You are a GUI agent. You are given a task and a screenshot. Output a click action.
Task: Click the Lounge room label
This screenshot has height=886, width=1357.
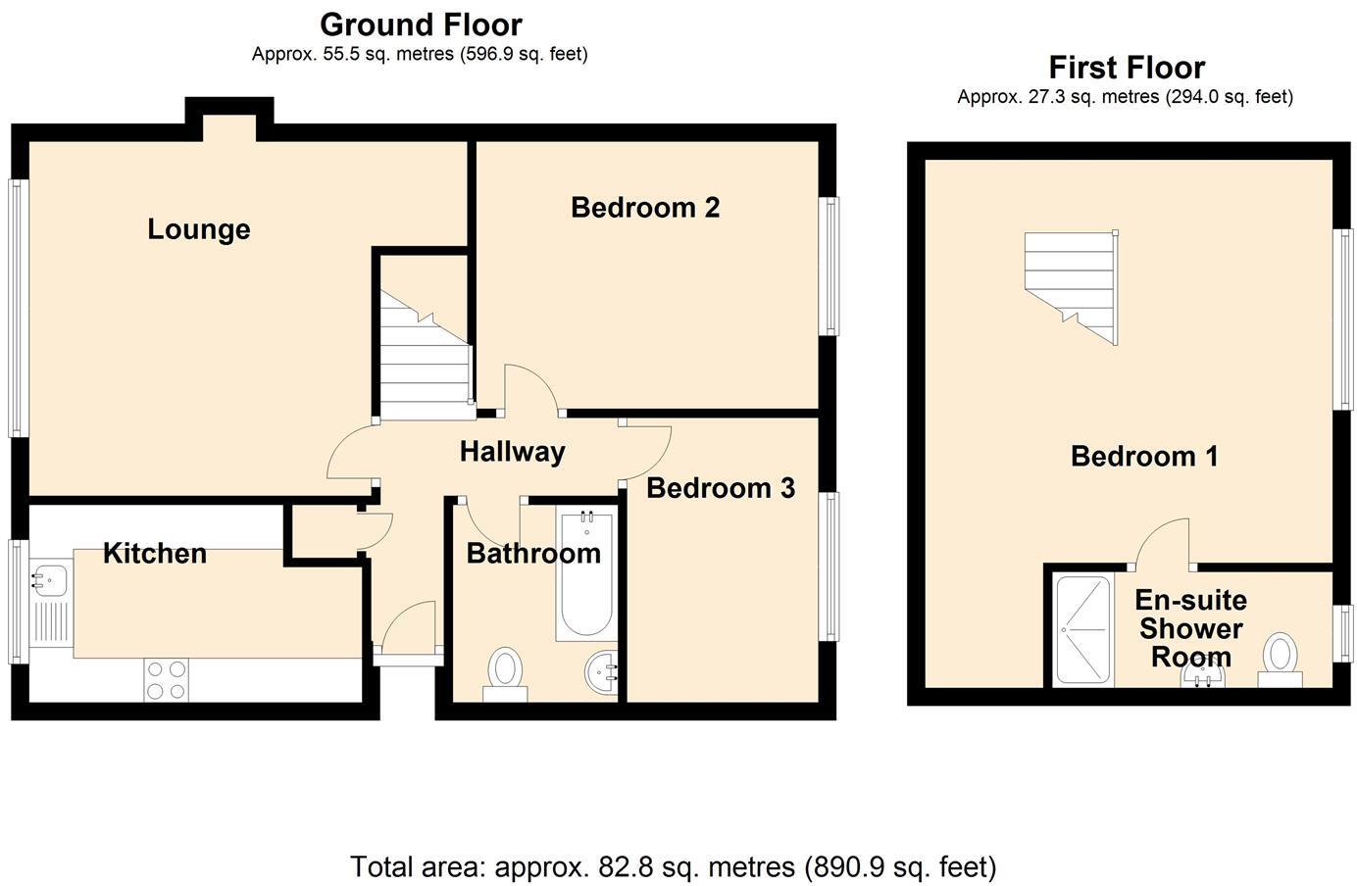click(199, 229)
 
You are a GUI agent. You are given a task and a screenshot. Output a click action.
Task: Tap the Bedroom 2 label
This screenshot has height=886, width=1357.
click(645, 208)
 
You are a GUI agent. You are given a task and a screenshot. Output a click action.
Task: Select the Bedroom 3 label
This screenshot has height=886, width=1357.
click(720, 488)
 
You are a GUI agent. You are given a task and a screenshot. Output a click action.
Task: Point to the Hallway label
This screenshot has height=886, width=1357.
click(512, 452)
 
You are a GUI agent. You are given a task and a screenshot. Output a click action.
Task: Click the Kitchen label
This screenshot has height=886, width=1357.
click(155, 553)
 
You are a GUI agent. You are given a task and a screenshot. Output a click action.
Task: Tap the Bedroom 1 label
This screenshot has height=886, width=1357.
click(1144, 456)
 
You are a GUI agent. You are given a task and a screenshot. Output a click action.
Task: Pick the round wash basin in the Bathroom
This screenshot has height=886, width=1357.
click(602, 673)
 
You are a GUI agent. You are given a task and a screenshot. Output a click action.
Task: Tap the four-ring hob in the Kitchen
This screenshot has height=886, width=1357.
click(166, 679)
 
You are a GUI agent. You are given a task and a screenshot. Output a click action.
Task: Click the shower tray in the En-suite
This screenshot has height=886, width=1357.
click(1083, 629)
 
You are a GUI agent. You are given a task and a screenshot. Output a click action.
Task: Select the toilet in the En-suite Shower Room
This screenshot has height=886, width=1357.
click(1280, 659)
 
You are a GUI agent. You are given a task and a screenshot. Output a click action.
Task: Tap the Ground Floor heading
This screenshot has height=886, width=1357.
click(421, 25)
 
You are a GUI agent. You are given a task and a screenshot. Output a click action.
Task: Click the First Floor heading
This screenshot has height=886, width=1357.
click(1126, 68)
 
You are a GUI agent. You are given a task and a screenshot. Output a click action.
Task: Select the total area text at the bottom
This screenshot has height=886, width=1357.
click(673, 866)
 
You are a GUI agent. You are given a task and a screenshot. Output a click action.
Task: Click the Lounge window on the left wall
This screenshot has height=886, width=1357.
click(17, 307)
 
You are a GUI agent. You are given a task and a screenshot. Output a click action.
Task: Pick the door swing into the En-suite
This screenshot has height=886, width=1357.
click(1164, 544)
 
